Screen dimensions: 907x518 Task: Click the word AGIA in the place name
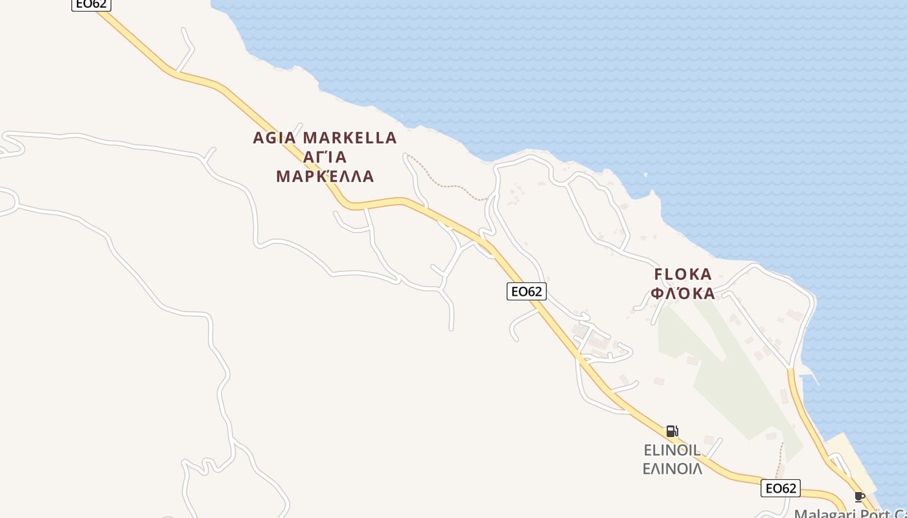coord(274,138)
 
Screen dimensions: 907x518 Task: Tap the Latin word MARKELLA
coord(350,138)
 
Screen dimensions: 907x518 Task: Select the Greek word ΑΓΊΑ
coord(325,157)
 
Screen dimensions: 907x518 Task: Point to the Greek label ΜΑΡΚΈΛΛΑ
coord(325,177)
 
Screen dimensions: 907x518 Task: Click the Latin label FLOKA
coord(683,275)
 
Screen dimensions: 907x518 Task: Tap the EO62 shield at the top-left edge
coord(91,4)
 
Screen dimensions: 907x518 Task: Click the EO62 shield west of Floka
coord(526,291)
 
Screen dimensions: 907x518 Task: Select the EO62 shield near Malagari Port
coord(780,488)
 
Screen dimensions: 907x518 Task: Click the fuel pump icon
coord(672,431)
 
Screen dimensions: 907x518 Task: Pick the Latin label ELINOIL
coord(672,450)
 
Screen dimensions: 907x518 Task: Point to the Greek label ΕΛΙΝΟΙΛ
coord(672,468)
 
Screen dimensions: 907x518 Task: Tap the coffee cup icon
coord(860,497)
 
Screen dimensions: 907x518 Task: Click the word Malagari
coord(822,514)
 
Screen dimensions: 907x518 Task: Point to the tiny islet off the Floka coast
coord(646,174)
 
